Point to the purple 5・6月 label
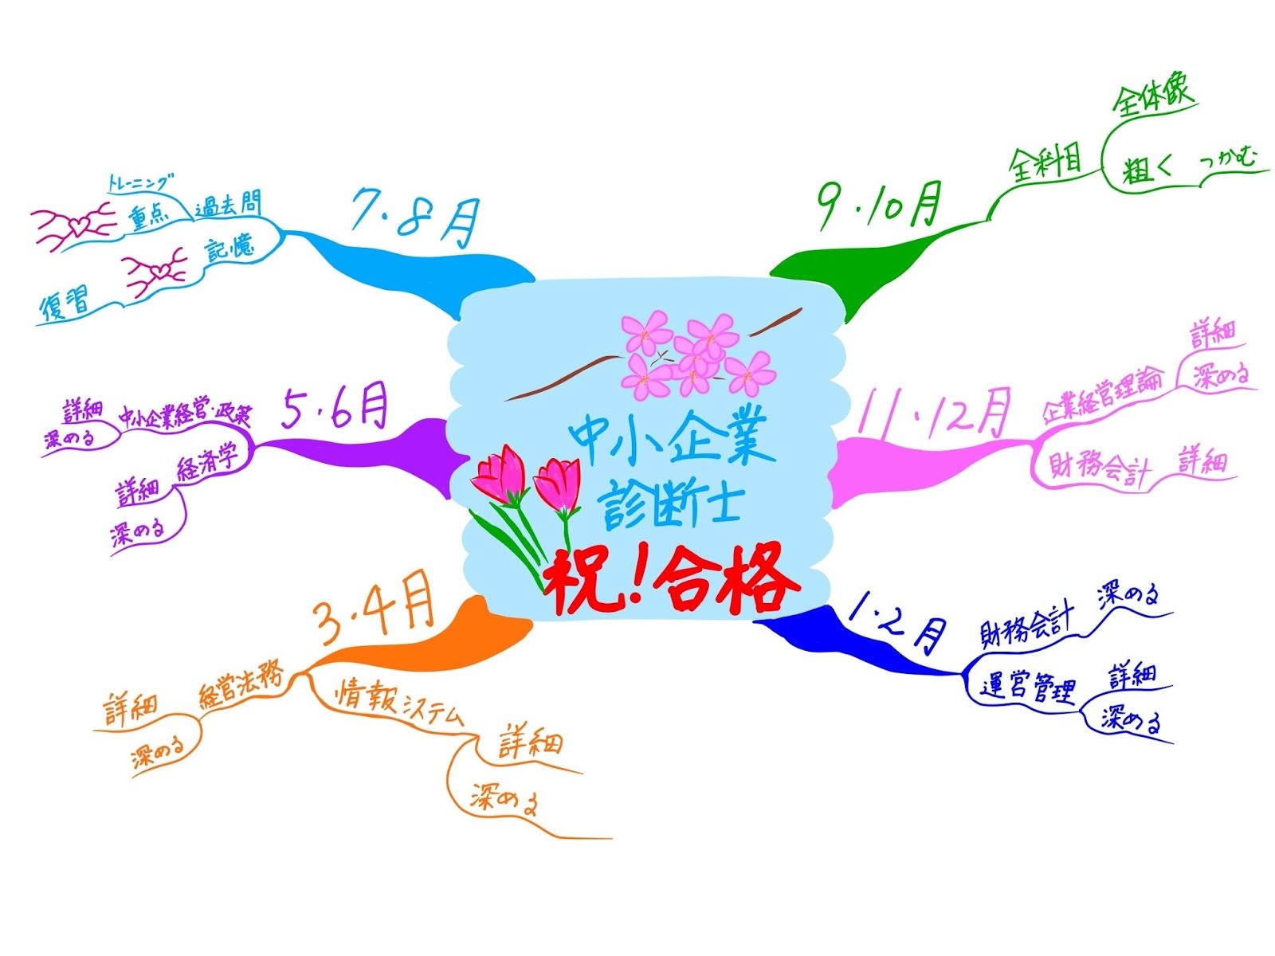(x=335, y=409)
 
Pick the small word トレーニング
(x=140, y=183)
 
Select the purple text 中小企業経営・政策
(x=185, y=416)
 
